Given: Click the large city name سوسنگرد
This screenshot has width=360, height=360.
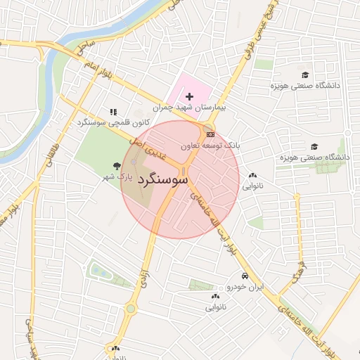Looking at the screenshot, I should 163,181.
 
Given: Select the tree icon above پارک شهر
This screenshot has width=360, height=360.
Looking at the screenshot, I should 115,165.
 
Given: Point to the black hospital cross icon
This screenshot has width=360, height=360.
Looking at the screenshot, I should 189,96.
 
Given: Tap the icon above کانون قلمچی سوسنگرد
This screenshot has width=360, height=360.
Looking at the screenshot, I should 113,112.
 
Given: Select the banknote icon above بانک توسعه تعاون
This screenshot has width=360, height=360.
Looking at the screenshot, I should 210,134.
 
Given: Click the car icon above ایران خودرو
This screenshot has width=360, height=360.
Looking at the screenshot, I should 245,276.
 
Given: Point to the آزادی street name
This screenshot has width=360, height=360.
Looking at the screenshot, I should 143,271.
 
